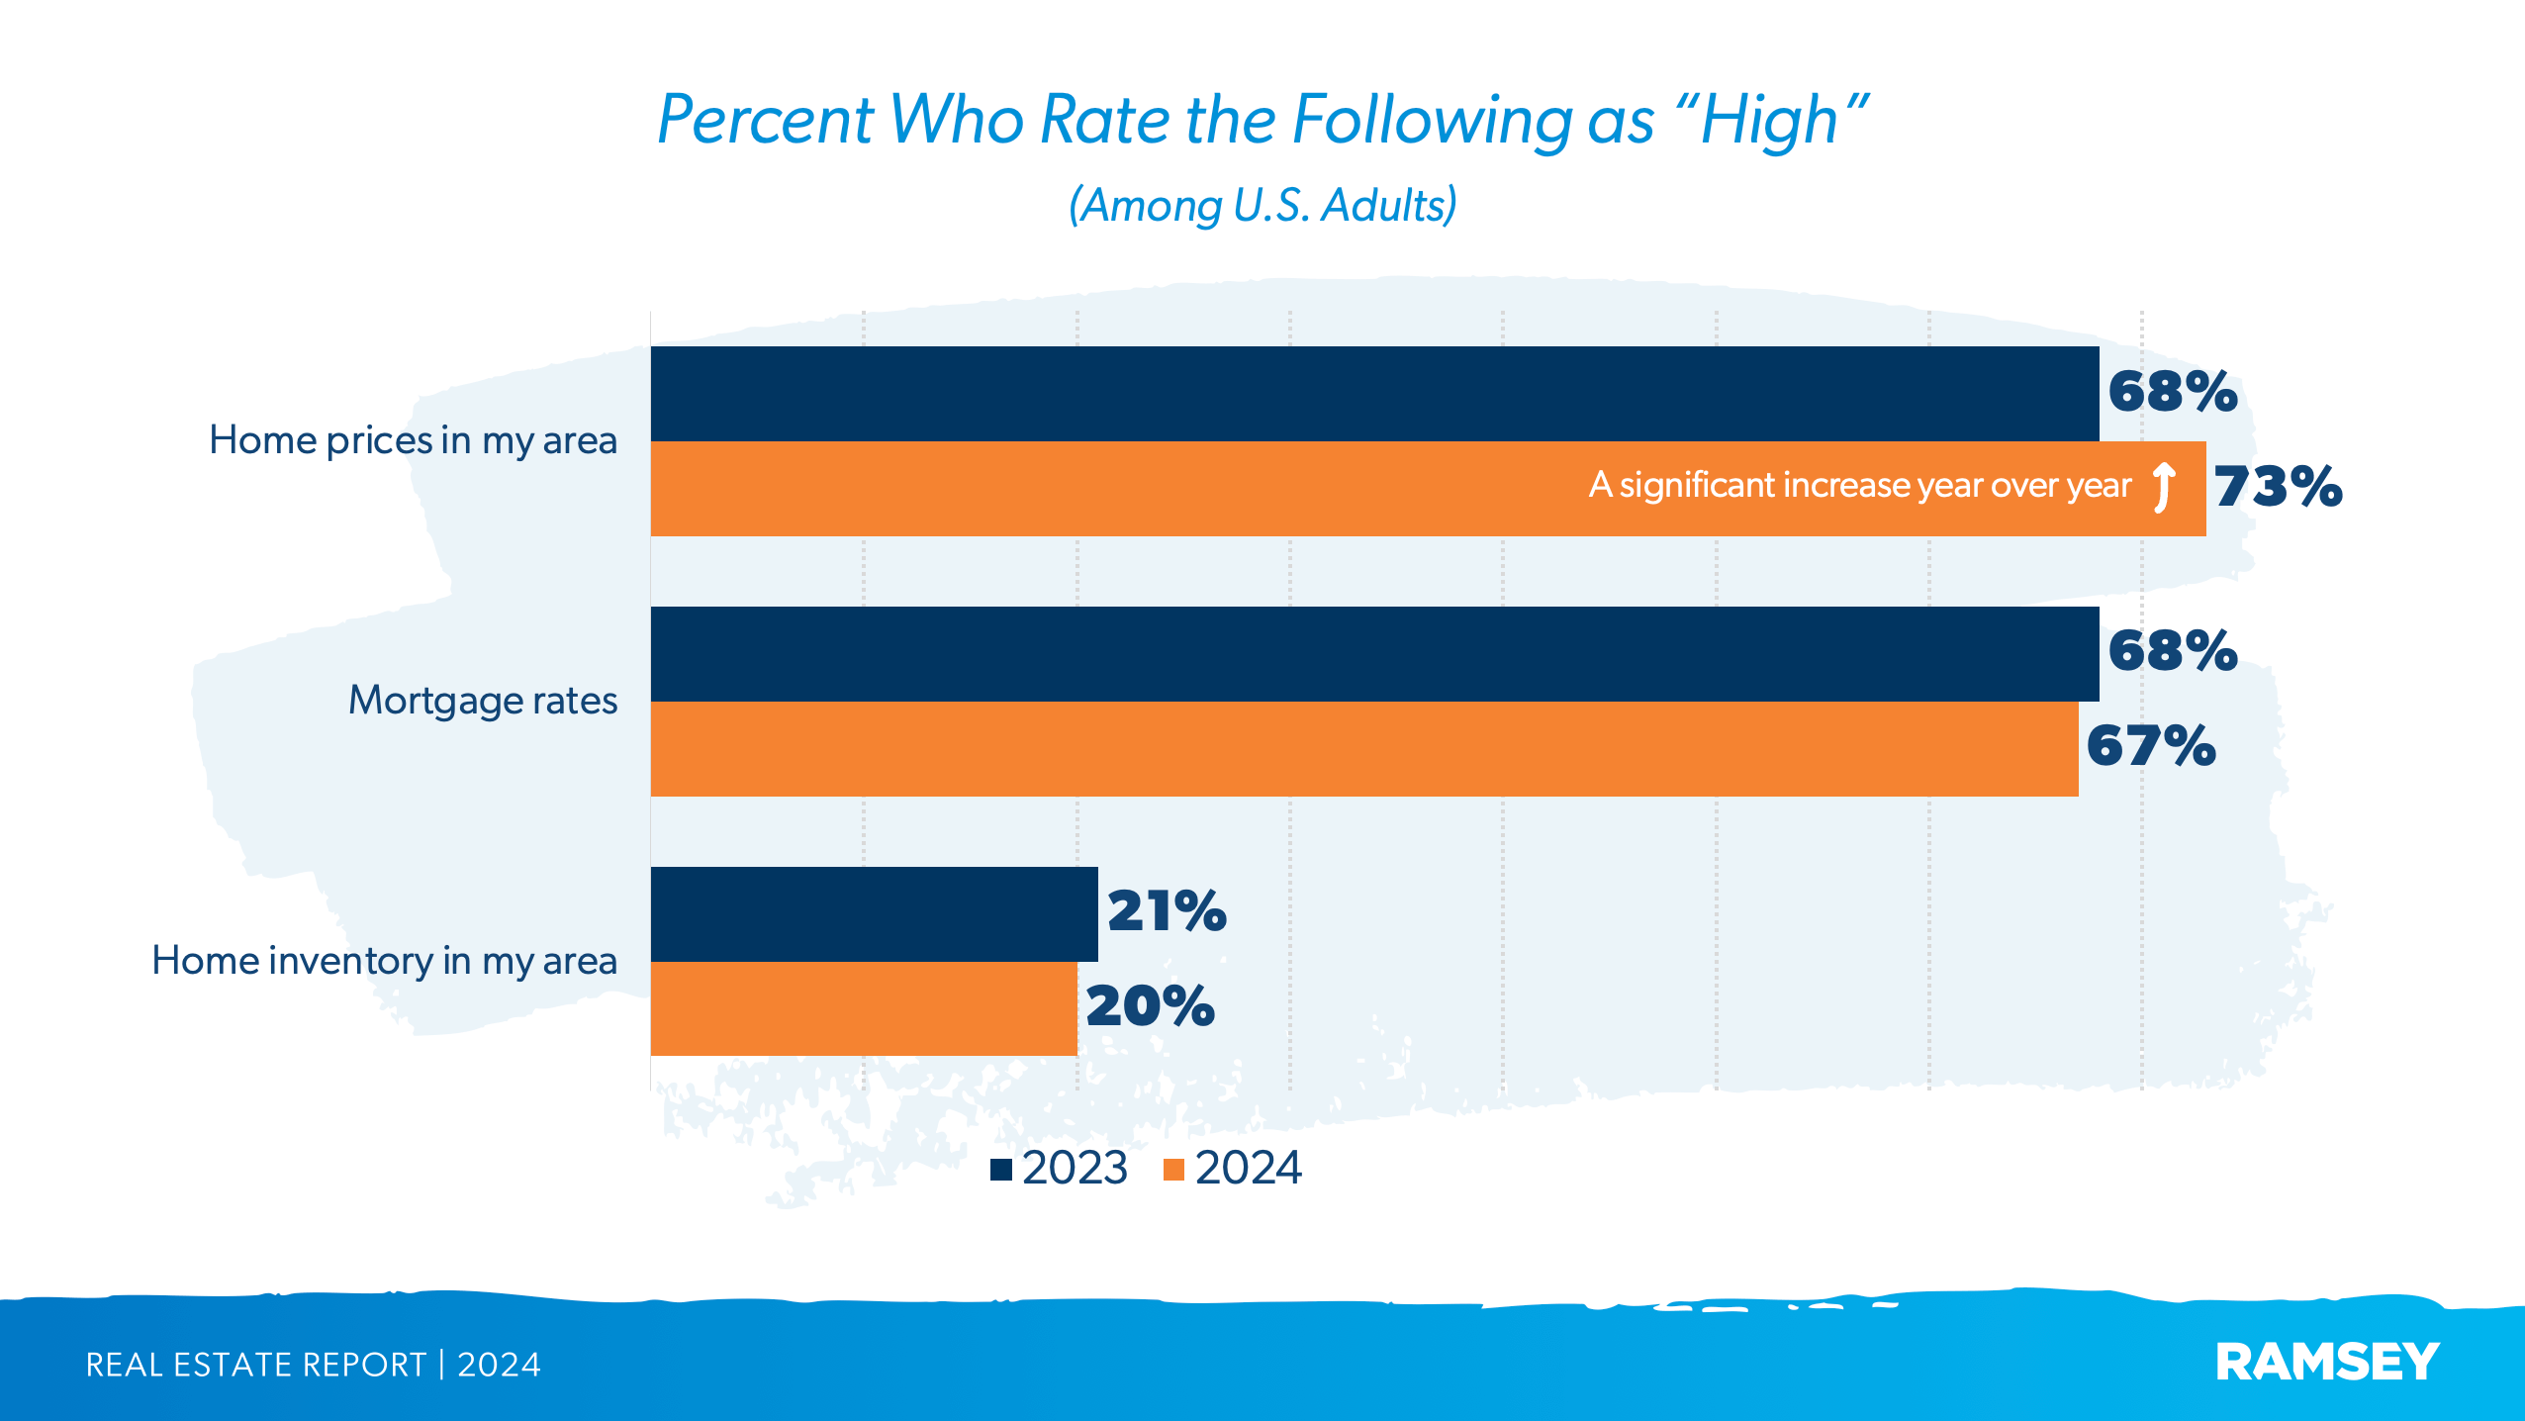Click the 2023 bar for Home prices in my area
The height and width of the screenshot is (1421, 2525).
pos(1374,393)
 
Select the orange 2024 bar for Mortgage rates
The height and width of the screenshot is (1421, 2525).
pos(1363,749)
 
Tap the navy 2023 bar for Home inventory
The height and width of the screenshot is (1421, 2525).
pos(874,913)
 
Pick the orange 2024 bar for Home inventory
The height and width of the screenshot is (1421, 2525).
pos(863,1008)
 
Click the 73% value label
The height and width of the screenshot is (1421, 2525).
pos(2278,487)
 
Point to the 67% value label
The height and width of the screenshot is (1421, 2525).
pos(2150,746)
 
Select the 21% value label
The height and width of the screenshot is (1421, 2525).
pos(1167,911)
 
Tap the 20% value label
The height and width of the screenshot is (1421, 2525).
pos(1150,1006)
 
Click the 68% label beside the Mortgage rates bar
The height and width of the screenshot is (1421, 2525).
pos(2172,651)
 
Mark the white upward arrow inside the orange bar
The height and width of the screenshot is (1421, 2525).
pos(2164,487)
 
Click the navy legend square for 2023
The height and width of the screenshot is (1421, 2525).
pos(1001,1170)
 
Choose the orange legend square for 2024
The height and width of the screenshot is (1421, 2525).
pos(1174,1170)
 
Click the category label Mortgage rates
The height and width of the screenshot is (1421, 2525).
pos(483,701)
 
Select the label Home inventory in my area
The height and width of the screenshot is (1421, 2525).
pos(384,961)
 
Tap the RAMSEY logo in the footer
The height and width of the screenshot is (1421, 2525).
pos(2327,1363)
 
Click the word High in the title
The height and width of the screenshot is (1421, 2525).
pos(1768,121)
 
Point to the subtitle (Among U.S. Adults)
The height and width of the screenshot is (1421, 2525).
pos(1262,206)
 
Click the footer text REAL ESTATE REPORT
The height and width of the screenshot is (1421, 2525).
pos(255,1365)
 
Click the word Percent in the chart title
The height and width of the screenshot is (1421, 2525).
pos(765,121)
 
